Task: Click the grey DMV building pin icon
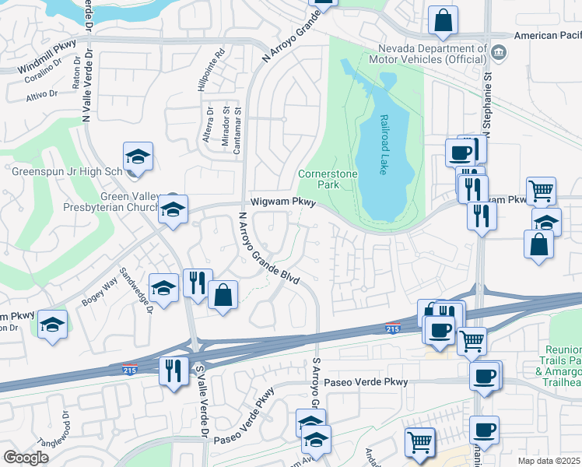[x=499, y=53]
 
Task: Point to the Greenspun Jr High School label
[x=66, y=170]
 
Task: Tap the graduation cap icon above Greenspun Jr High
[x=138, y=156]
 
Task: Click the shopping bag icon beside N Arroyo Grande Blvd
[x=223, y=295]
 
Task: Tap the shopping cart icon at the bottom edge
[x=419, y=442]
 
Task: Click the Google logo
[x=26, y=457]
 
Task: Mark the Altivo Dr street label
[x=43, y=95]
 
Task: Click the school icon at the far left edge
[x=52, y=325]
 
